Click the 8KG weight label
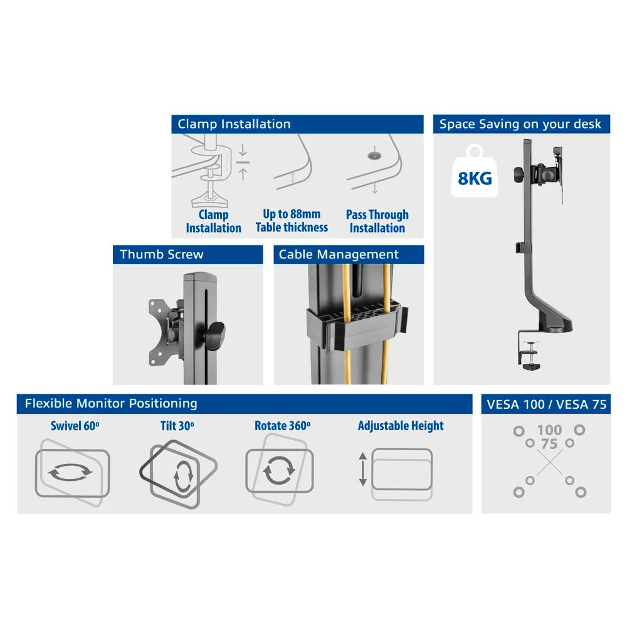coord(475,178)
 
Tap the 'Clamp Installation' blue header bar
coord(297,124)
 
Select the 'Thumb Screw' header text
coord(162,255)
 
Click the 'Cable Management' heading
coord(339,255)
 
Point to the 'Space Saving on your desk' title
coord(520,124)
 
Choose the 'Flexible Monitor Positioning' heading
coord(111,403)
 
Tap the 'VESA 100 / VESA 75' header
coord(546,404)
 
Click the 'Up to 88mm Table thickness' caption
coord(292,221)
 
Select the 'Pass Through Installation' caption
coord(377,221)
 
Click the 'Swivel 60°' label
coord(75,426)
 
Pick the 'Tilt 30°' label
coord(177,426)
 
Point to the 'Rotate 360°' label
coord(282,426)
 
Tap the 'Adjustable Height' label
coord(401,426)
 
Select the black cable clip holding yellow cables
coord(357,326)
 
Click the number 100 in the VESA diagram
coord(549,430)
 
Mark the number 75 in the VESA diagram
coord(549,444)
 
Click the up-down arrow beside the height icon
coord(362,469)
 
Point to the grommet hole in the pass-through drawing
coord(374,155)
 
